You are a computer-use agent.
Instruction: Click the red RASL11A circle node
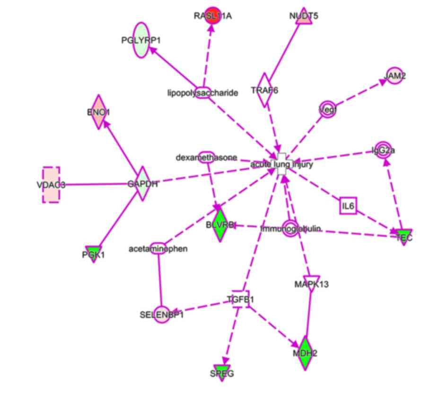(213, 16)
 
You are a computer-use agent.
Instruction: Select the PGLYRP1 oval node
(140, 40)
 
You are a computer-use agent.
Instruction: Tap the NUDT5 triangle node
(303, 17)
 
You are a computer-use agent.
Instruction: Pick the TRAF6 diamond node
(264, 90)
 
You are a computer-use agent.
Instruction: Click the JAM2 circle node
(395, 76)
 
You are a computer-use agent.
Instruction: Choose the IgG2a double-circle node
(383, 151)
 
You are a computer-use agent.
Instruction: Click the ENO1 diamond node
(98, 112)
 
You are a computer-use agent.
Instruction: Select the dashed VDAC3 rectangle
(51, 184)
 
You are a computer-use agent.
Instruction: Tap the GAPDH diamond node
(142, 184)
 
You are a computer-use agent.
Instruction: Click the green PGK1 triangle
(93, 253)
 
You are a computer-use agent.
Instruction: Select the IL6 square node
(348, 206)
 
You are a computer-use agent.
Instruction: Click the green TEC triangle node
(404, 236)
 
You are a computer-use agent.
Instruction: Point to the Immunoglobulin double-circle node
(290, 229)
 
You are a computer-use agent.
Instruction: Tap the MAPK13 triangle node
(311, 283)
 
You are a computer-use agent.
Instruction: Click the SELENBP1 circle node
(162, 314)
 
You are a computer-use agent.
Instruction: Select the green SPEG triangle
(222, 372)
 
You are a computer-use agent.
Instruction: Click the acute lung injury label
(281, 164)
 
